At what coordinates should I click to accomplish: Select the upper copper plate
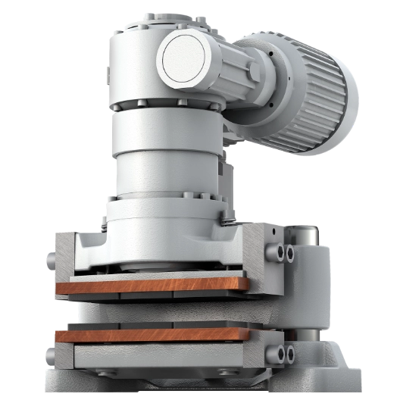(152, 286)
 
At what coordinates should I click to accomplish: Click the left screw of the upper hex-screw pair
(282, 251)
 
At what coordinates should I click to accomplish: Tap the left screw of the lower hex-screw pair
(282, 351)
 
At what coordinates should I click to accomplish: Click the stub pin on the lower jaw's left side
(48, 355)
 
